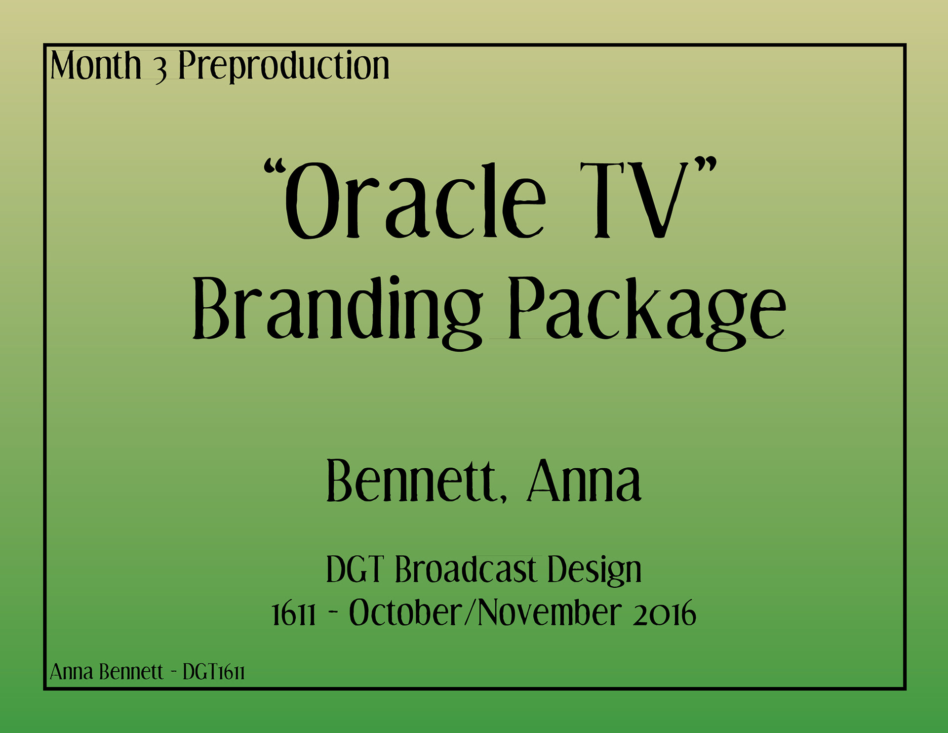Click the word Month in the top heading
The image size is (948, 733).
coord(96,65)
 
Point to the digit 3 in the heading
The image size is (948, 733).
coord(160,70)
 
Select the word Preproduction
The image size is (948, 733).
coord(284,66)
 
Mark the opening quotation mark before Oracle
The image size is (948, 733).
coord(276,169)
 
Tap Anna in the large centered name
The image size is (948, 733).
coord(585,481)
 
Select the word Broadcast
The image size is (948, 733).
coord(466,570)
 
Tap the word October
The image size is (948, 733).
coord(405,613)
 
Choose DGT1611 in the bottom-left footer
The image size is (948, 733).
coord(214,672)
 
